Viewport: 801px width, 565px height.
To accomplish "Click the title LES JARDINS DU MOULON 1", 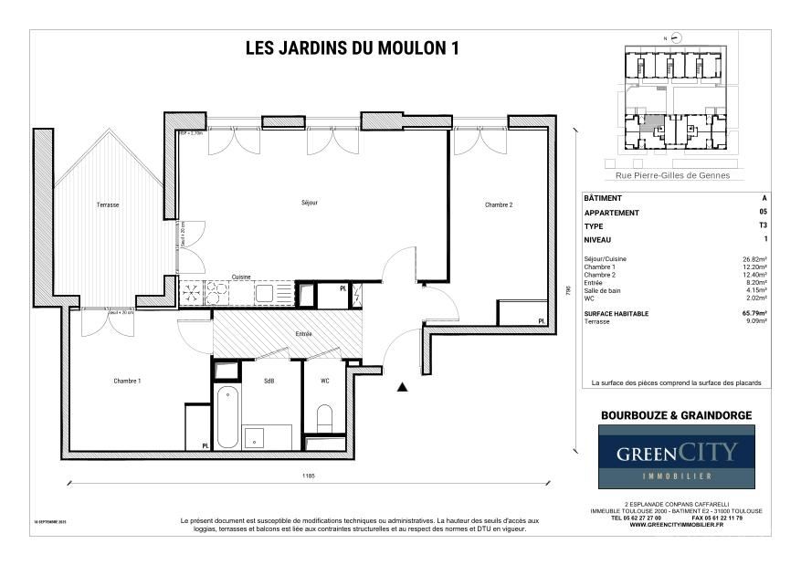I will coord(352,49).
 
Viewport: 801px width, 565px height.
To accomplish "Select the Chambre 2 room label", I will coord(499,205).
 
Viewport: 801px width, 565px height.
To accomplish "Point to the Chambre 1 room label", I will coord(127,381).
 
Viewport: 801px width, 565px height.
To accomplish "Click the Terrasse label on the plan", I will coord(108,205).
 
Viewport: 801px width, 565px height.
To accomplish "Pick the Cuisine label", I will coord(241,277).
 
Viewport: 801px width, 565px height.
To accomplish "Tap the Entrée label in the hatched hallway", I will coord(303,334).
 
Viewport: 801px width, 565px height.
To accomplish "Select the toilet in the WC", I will coord(324,418).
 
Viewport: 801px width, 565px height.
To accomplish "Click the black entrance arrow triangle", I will coord(402,387).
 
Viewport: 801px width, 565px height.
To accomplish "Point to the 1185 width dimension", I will coord(310,476).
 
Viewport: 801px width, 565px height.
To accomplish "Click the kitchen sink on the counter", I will coord(264,293).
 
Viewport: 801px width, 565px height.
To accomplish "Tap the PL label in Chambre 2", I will coord(541,321).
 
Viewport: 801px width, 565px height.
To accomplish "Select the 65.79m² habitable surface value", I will coord(754,313).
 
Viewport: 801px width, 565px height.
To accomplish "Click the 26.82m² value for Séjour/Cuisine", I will coord(754,259).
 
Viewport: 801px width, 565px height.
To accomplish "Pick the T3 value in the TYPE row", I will coord(764,225).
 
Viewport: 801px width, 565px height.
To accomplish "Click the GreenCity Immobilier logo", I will coord(676,456).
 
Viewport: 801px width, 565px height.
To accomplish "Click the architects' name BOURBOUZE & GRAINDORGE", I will coord(676,415).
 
